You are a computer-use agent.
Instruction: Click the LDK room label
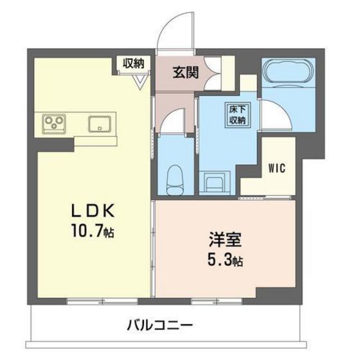[95, 210]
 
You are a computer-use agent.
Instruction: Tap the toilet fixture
[174, 176]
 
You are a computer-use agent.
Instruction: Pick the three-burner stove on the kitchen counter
[55, 122]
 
